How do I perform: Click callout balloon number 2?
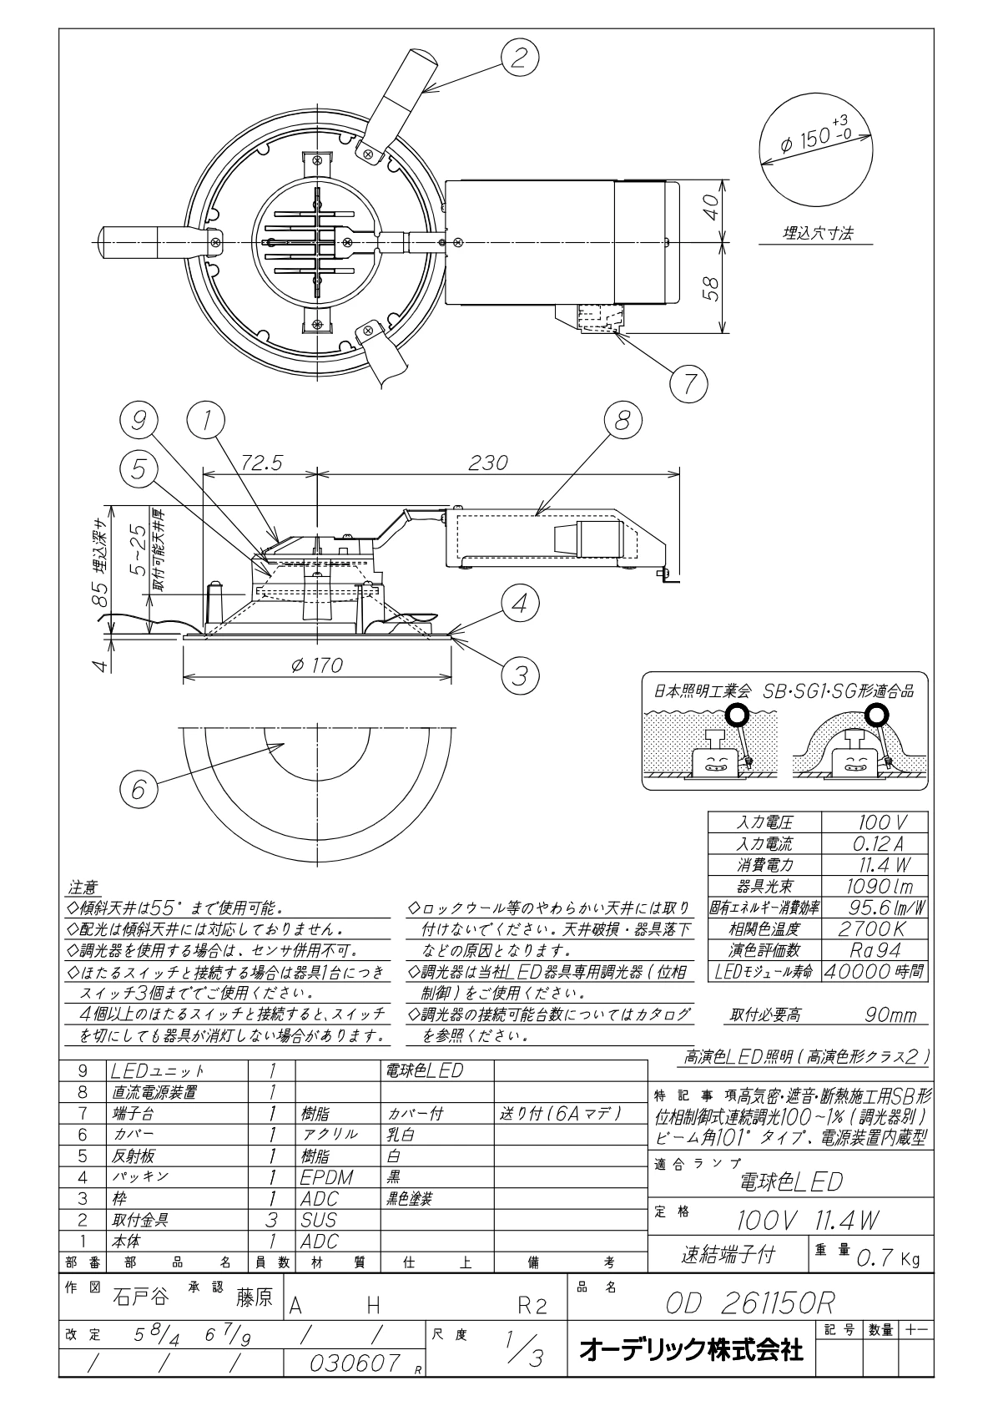coord(520,58)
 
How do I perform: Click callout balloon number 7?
coord(688,383)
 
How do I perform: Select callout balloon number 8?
coord(623,421)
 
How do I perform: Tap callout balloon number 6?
coord(139,789)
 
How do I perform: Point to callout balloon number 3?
coord(521,675)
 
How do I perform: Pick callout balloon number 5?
coord(139,470)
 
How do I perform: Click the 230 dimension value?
coord(488,463)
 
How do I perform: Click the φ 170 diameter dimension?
coord(318,665)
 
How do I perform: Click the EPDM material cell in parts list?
coord(327,1177)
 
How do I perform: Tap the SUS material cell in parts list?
coord(319,1220)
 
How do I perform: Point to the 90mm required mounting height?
coord(890,1015)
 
